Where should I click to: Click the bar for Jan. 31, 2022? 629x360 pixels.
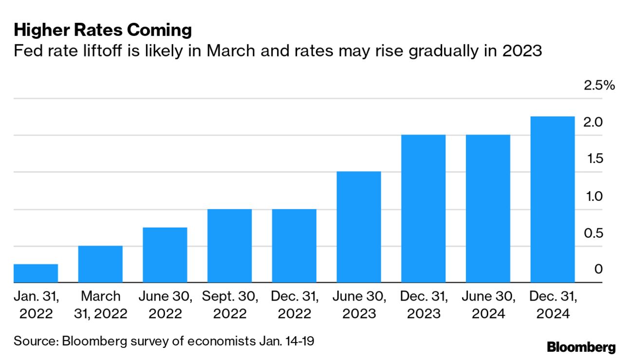(36, 273)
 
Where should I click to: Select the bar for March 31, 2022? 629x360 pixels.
(100, 264)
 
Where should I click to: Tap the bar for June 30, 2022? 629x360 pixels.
(165, 254)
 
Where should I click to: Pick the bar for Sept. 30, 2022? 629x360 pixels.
(229, 246)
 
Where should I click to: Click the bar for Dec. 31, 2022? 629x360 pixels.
(294, 246)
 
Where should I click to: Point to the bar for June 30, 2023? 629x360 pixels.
(358, 227)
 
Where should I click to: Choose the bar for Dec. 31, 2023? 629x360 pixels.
(423, 208)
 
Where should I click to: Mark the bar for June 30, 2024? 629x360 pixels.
(488, 208)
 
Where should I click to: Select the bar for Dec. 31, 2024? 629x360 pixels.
(552, 199)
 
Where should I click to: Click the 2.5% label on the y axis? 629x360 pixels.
(599, 86)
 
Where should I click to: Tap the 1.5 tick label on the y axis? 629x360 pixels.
(593, 159)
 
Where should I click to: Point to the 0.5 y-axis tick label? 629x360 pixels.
(593, 233)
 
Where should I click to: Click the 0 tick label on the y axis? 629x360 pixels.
(598, 270)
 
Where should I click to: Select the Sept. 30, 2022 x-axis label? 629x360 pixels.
(229, 305)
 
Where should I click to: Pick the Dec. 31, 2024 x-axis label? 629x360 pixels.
(552, 305)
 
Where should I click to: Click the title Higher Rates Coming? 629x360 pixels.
(103, 31)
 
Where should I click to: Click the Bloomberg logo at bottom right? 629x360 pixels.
(581, 347)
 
